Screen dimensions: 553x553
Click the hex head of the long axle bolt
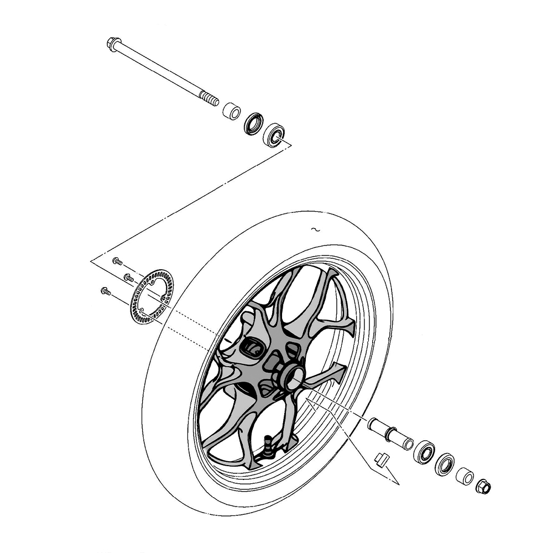tap(113, 43)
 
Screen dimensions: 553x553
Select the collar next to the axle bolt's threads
tap(231, 111)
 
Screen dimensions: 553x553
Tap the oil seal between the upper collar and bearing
tap(254, 123)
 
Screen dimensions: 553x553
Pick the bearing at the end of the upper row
tap(273, 134)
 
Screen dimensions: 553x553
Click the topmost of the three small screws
tap(117, 260)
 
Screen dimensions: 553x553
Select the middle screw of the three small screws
tap(128, 276)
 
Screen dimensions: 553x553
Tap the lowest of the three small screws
tap(106, 290)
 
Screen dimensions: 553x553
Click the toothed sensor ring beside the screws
tap(151, 296)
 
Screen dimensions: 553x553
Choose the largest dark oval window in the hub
tap(252, 347)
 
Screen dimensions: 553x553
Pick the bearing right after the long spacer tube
tap(424, 452)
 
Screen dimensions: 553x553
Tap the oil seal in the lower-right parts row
tap(444, 464)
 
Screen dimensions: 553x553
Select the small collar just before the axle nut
tap(465, 476)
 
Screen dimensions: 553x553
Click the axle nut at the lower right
tap(483, 487)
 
